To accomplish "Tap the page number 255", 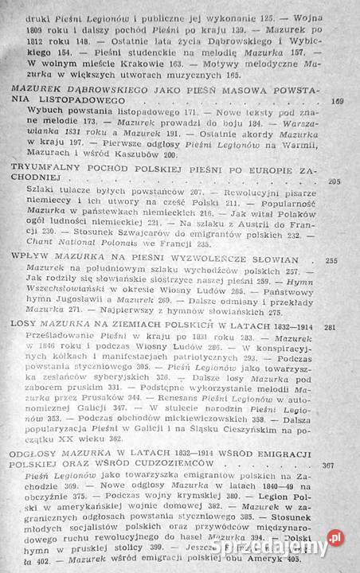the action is [332, 259].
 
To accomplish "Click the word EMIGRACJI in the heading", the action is [284, 452].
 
